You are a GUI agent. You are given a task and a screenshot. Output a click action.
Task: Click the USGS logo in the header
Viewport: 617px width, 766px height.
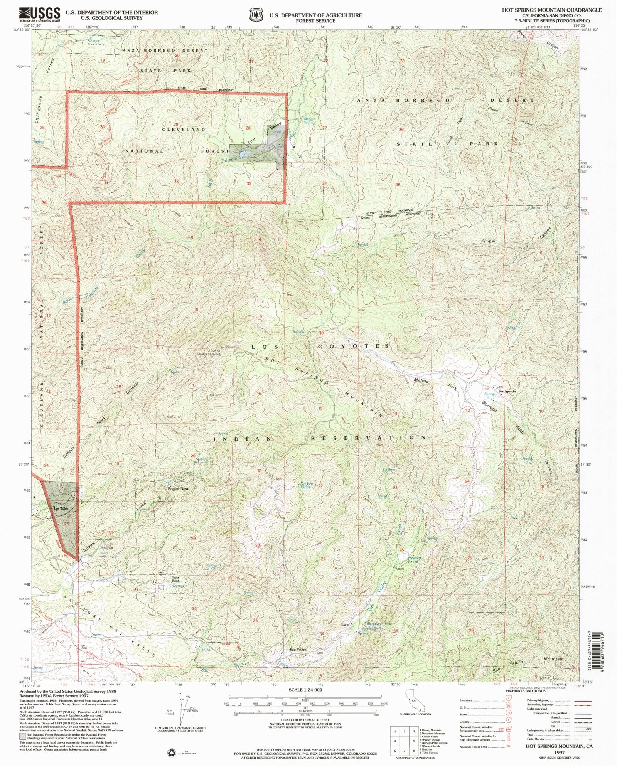click(40, 15)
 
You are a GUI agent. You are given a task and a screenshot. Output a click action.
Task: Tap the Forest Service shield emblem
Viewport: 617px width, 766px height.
click(256, 15)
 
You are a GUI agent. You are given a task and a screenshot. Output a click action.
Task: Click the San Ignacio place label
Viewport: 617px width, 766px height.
click(507, 391)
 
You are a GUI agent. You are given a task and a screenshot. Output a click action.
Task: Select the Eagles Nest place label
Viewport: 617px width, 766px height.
click(178, 489)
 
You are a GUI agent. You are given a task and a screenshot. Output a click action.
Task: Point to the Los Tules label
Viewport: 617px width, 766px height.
click(61, 508)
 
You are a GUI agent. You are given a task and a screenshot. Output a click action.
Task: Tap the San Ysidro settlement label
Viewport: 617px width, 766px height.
click(298, 650)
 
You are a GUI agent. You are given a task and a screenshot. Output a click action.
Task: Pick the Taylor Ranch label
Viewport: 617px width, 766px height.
click(176, 579)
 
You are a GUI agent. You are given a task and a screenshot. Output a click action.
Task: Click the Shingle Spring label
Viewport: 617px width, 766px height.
click(309, 120)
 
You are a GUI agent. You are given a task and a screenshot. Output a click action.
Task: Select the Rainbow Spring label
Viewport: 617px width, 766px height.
click(307, 485)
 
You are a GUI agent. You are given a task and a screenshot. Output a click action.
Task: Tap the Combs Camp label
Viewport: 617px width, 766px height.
click(96, 44)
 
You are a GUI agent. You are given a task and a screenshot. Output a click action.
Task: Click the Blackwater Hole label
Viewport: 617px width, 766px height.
click(379, 623)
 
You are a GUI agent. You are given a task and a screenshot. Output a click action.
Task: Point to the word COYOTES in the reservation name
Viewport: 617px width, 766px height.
click(353, 346)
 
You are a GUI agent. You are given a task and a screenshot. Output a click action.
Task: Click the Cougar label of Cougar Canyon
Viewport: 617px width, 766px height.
click(488, 241)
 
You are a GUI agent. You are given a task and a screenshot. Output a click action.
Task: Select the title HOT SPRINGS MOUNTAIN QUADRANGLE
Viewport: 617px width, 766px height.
click(551, 10)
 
